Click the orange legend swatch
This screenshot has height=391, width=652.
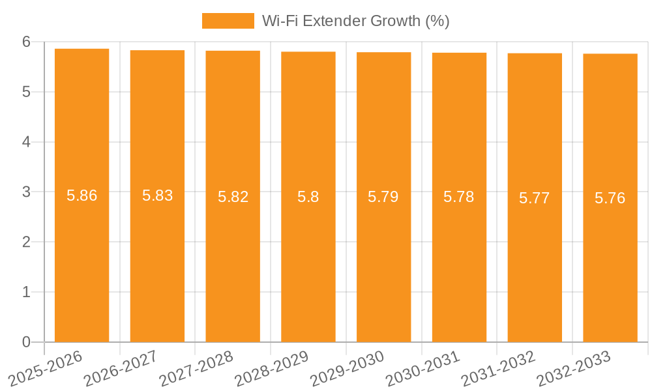(x=228, y=21)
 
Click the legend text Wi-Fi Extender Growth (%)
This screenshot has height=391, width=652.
(x=355, y=21)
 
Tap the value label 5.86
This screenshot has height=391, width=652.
(x=81, y=195)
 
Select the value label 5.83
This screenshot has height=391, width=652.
(x=157, y=195)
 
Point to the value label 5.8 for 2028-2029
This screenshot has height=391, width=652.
(x=308, y=197)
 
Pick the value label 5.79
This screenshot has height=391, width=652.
(x=383, y=197)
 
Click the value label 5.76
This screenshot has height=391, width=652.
(x=610, y=198)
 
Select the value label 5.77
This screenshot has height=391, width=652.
(x=535, y=198)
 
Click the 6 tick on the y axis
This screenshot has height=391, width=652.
(x=27, y=42)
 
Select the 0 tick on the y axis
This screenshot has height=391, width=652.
(x=27, y=342)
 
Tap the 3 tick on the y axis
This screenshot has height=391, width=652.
(x=27, y=192)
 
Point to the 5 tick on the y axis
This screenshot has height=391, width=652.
(x=27, y=92)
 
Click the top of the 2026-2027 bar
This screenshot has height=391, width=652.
(x=157, y=50)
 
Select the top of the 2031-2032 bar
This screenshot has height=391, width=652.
(x=535, y=53)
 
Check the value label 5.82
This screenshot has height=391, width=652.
(x=233, y=197)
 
